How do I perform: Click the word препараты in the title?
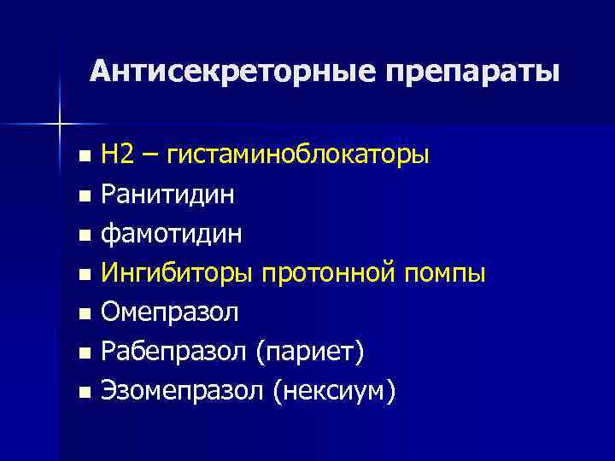tap(471, 72)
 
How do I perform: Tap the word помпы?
tap(444, 274)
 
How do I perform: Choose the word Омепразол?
tap(170, 313)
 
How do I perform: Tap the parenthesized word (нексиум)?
tap(335, 392)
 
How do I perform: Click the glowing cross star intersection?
tap(60, 125)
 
